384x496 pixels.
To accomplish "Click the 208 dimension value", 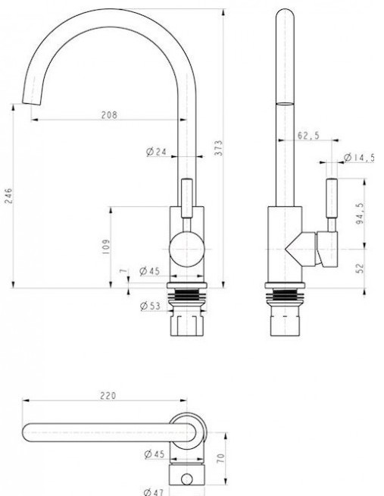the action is (x=109, y=115).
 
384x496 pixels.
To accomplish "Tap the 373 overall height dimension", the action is (x=219, y=148).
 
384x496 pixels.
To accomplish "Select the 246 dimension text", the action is (x=8, y=196).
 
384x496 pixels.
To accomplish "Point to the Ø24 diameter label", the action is (x=156, y=152).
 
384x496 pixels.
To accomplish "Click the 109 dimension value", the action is (x=106, y=246).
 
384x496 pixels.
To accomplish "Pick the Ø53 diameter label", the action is (x=150, y=306).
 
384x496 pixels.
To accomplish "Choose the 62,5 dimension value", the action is (x=308, y=136).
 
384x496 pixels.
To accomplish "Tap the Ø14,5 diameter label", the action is (x=359, y=157).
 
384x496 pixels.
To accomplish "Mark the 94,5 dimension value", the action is (x=360, y=214).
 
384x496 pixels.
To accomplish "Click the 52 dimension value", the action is (x=360, y=268).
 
